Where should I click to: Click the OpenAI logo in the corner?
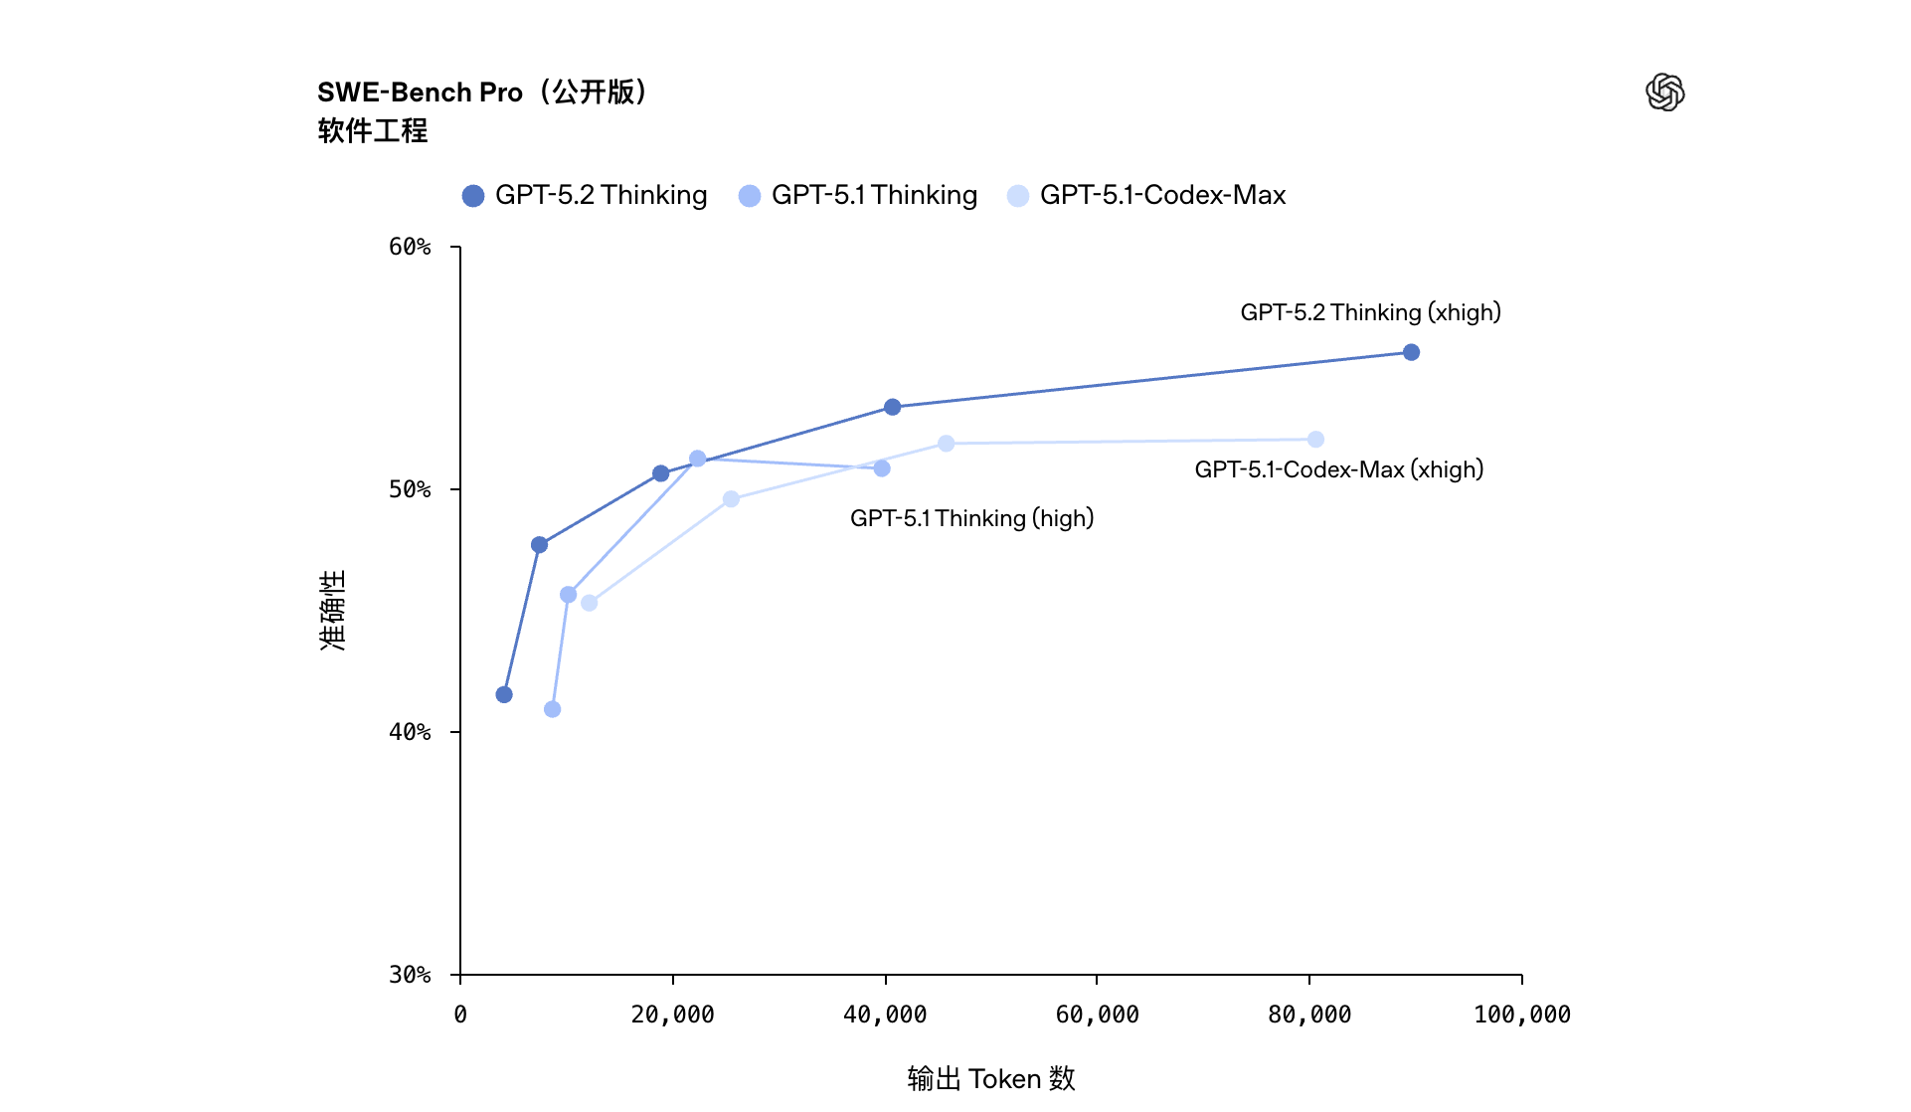[x=1664, y=93]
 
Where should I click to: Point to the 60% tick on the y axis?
[x=410, y=247]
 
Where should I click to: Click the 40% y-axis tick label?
[x=410, y=732]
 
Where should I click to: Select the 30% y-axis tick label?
[x=410, y=975]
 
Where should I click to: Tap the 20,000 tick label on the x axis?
[x=672, y=1015]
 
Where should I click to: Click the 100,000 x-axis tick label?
[x=1521, y=1015]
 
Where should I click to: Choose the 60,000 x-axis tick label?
[x=1097, y=1015]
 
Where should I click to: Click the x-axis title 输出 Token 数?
[x=990, y=1078]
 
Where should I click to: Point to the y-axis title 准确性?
[x=333, y=610]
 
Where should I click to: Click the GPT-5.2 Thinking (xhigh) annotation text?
[x=1370, y=312]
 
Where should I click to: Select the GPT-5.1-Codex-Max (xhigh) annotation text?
[x=1338, y=469]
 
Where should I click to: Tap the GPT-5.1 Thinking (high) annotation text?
[x=971, y=518]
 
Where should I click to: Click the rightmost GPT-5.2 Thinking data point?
[x=1411, y=352]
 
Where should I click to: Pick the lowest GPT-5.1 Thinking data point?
[x=552, y=709]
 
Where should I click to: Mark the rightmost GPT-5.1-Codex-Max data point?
[x=1315, y=440]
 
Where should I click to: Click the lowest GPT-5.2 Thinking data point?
[x=504, y=694]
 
